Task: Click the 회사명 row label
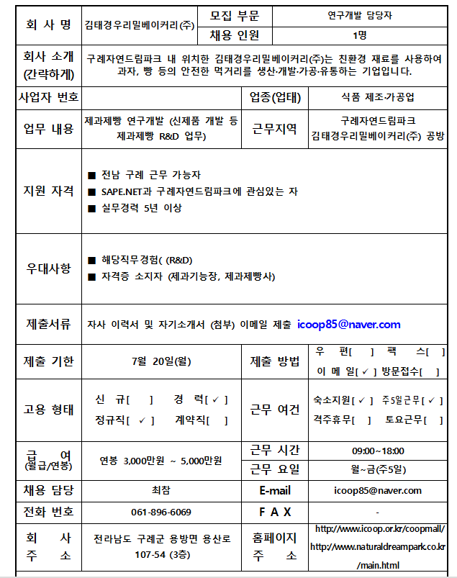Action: tap(48, 25)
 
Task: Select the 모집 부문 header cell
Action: tap(235, 15)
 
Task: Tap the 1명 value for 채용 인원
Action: tap(359, 35)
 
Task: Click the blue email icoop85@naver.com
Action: tap(348, 325)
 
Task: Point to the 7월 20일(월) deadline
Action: tap(162, 361)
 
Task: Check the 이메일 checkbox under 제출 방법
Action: tap(366, 371)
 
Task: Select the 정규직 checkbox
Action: tap(142, 420)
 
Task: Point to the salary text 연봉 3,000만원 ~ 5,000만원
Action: tap(162, 461)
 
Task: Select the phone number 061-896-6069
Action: tap(161, 512)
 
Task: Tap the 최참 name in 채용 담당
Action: tap(161, 490)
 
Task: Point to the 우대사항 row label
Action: tap(48, 268)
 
